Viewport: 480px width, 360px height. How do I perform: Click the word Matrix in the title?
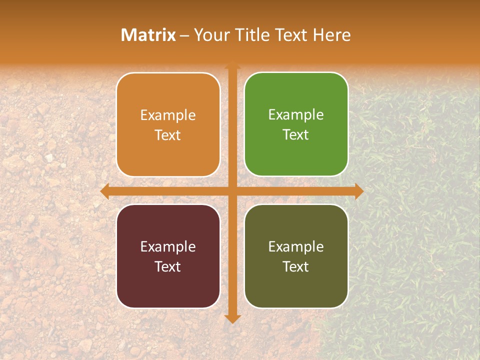coord(148,35)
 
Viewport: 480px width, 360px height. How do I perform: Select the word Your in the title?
coord(211,35)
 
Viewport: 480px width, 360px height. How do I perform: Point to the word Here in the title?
coord(332,35)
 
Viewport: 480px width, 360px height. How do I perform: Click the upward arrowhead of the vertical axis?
coord(232,65)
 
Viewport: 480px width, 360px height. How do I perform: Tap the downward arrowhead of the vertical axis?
coord(232,318)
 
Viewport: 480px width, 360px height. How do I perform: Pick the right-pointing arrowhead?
coord(358,191)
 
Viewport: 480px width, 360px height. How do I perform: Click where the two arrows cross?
coord(232,191)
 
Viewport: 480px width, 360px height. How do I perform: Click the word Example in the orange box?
coord(168,115)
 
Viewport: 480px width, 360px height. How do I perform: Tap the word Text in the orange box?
coord(168,135)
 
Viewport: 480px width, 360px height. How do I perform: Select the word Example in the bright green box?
coord(296,115)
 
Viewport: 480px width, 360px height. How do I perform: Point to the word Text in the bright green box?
coord(296,135)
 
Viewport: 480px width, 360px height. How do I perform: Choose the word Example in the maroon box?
coord(168,247)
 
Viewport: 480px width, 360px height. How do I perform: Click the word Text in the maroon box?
coord(168,267)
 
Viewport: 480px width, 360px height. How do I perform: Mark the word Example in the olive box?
coord(296,247)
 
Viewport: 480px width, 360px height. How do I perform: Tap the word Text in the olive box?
coord(296,267)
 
